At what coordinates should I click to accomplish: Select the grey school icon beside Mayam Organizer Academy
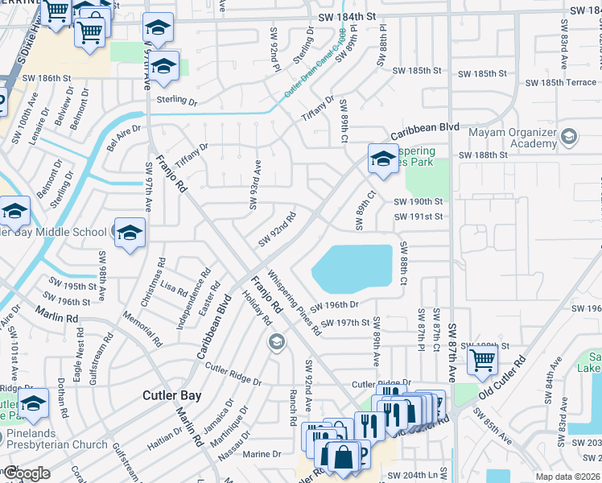[569, 135]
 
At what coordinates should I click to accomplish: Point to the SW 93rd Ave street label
[255, 184]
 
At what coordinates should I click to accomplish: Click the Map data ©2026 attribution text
[567, 477]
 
